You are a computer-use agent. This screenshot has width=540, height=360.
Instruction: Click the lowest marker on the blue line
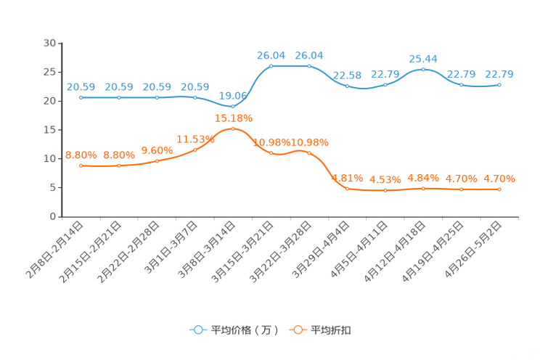[233, 107]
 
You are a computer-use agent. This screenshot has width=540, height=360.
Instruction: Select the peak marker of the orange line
[233, 128]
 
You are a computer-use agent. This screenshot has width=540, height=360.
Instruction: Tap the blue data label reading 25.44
[424, 59]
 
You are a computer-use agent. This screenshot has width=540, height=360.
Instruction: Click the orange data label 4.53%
[385, 180]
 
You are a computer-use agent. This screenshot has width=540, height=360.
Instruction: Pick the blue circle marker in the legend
[197, 330]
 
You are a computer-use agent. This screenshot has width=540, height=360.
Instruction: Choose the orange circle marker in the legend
[298, 330]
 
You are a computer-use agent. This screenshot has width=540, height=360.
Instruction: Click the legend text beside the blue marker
[244, 330]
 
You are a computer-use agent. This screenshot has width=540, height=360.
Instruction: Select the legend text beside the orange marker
[332, 330]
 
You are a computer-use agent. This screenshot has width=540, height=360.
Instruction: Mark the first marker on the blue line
[81, 97]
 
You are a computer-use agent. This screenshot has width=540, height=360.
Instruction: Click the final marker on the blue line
[499, 84]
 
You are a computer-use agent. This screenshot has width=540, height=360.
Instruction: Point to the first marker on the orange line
[81, 165]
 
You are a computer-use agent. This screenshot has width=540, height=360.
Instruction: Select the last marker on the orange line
[499, 189]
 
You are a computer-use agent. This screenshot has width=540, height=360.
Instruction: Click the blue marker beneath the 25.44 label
[424, 69]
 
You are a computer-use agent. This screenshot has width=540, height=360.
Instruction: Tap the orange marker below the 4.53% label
[385, 190]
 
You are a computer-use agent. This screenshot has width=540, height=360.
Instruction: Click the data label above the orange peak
[233, 118]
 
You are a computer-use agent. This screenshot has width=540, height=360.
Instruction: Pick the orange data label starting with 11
[195, 139]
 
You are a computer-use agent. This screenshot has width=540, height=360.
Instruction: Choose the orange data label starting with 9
[157, 150]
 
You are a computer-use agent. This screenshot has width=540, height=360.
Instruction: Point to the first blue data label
[81, 86]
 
